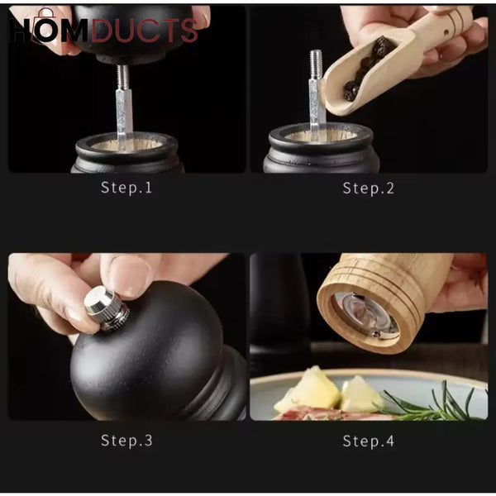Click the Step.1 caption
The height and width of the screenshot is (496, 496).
coord(126,188)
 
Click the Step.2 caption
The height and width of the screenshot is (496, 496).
coord(368,188)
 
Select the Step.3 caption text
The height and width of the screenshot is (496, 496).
coord(126,441)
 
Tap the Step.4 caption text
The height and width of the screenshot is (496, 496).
coord(368,441)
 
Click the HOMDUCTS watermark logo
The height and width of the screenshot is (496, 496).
coord(103,30)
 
